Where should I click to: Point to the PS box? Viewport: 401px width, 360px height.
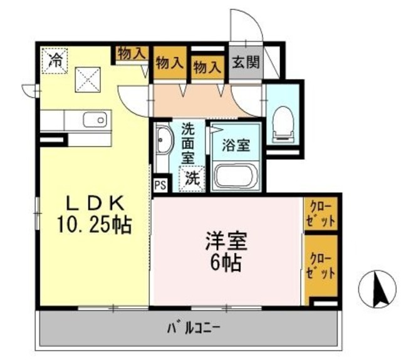tap(160, 185)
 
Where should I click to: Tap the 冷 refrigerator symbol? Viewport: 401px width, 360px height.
tap(56, 60)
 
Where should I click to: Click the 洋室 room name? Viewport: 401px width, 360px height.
tap(226, 242)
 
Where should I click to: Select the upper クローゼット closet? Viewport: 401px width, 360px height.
tap(321, 213)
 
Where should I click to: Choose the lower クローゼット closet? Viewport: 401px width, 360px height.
tap(321, 265)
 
